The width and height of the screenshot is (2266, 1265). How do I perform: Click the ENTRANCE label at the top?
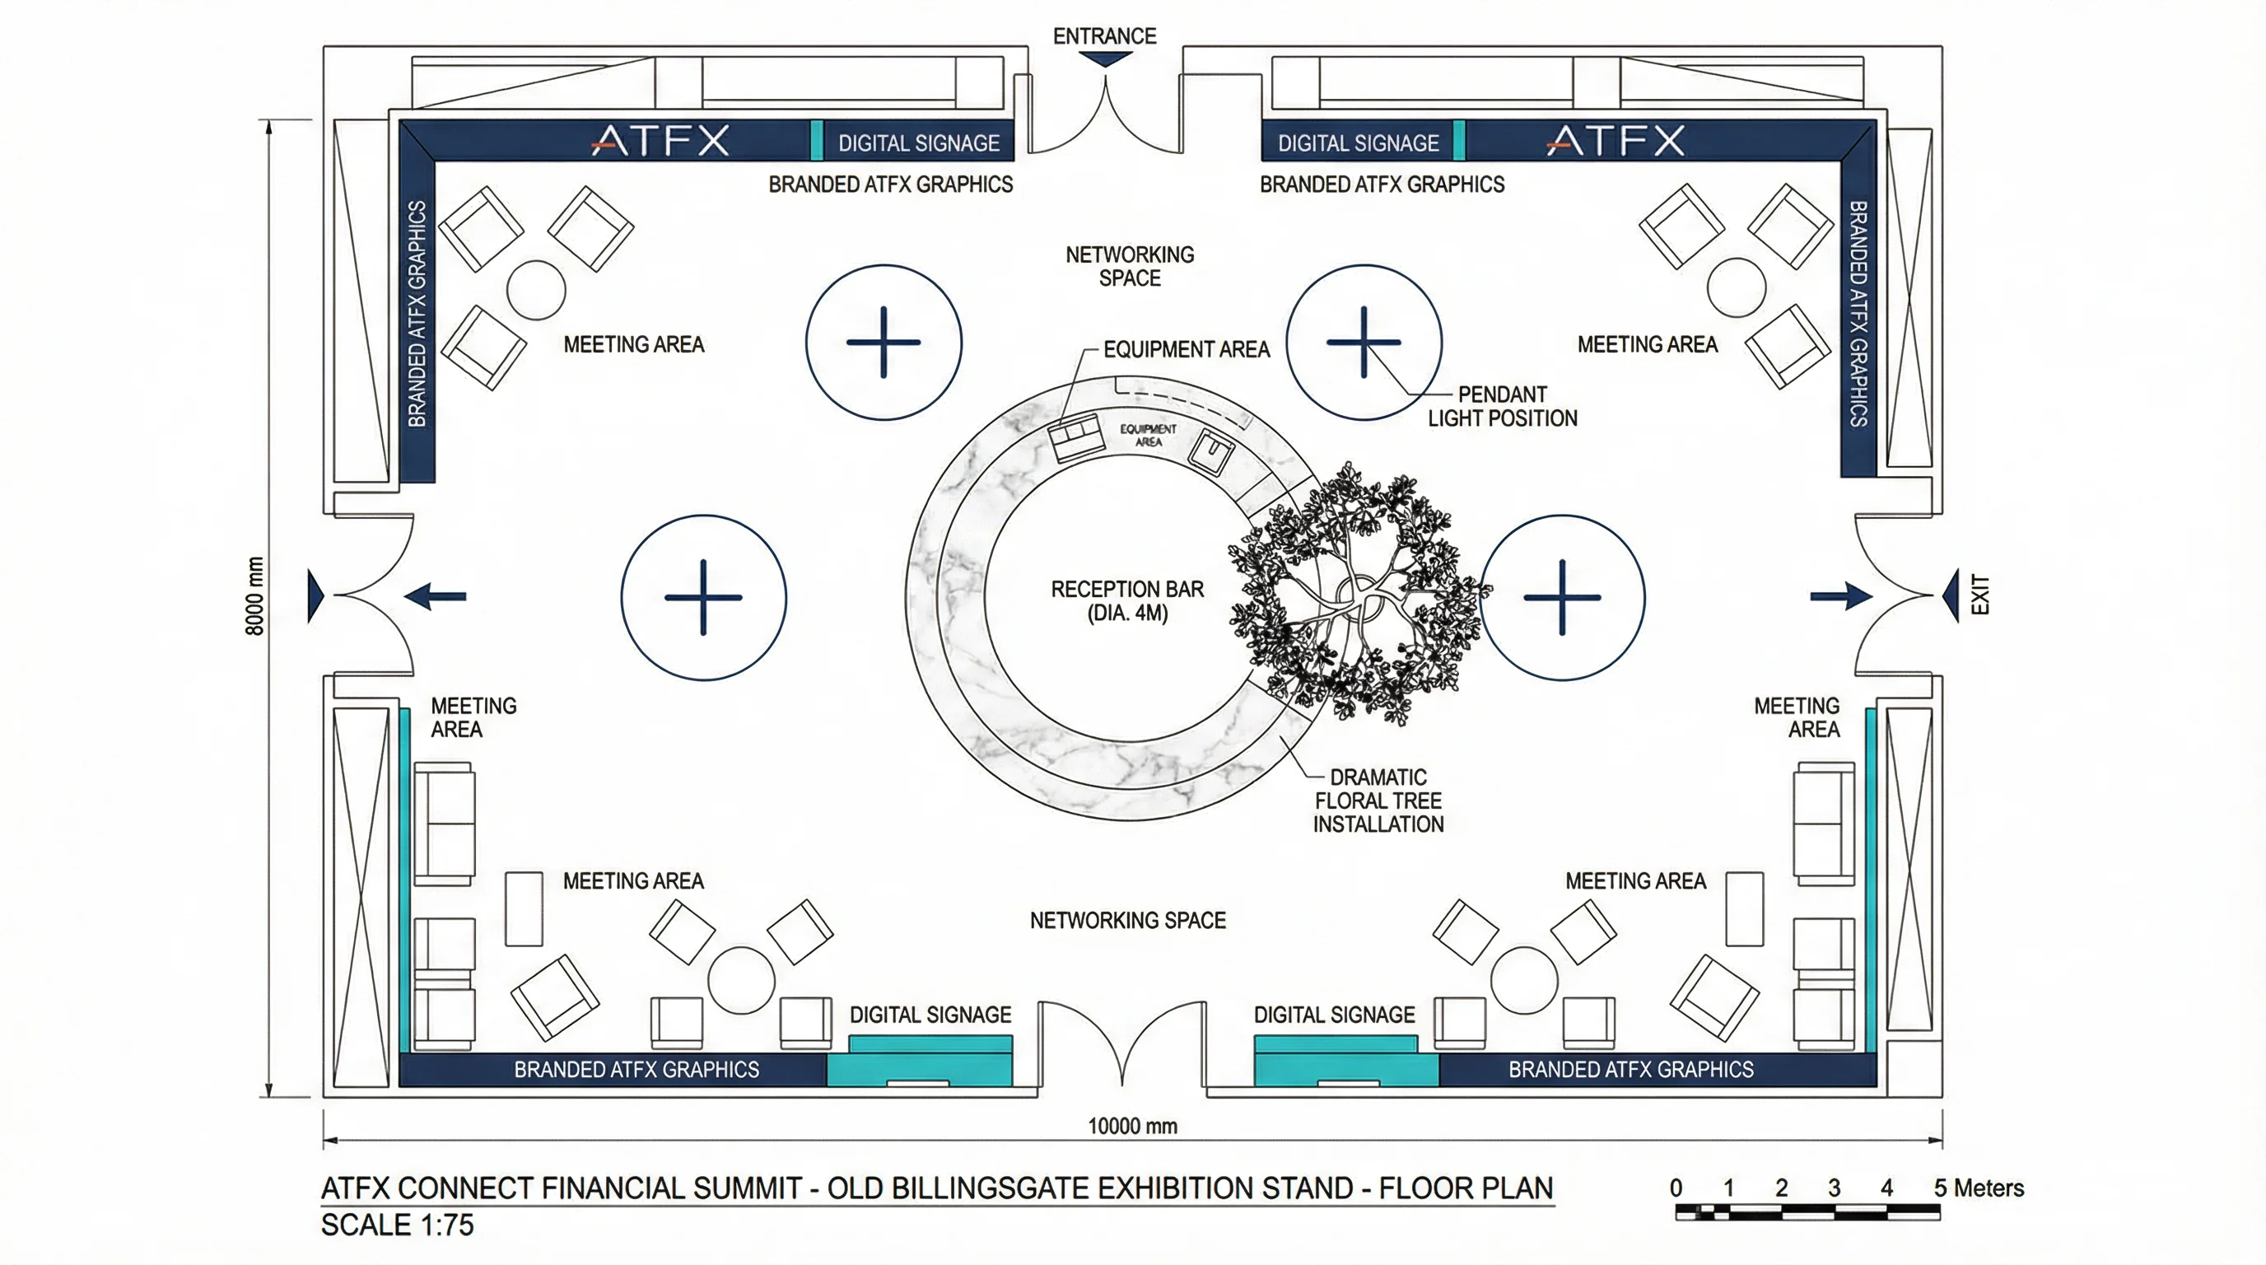pyautogui.click(x=1104, y=36)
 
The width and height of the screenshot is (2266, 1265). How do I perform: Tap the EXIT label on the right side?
pyautogui.click(x=1979, y=595)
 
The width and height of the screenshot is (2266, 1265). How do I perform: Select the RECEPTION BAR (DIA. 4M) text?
pyautogui.click(x=1127, y=601)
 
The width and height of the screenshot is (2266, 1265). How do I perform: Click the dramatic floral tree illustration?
pyautogui.click(x=1359, y=594)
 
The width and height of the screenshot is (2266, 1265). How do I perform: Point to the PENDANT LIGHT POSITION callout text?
pyautogui.click(x=1502, y=405)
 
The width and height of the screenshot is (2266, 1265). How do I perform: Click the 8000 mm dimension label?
pyautogui.click(x=254, y=595)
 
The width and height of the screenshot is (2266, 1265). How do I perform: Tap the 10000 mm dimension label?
pyautogui.click(x=1132, y=1126)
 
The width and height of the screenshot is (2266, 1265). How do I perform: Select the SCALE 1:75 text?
pyautogui.click(x=397, y=1225)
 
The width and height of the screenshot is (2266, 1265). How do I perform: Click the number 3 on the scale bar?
pyautogui.click(x=1833, y=1188)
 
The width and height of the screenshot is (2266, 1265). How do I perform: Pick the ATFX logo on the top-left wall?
pyautogui.click(x=660, y=141)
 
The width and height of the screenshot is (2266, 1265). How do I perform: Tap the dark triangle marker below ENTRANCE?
pyautogui.click(x=1105, y=59)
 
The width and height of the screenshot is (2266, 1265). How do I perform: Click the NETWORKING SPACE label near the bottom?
pyautogui.click(x=1128, y=920)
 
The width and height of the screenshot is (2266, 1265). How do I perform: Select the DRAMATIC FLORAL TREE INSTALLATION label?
pyautogui.click(x=1378, y=801)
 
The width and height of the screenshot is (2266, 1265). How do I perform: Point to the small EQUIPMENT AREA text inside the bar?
pyautogui.click(x=1148, y=435)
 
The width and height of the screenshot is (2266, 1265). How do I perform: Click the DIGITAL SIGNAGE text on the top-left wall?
pyautogui.click(x=918, y=143)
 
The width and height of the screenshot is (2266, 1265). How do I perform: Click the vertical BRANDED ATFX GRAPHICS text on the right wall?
pyautogui.click(x=1858, y=314)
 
